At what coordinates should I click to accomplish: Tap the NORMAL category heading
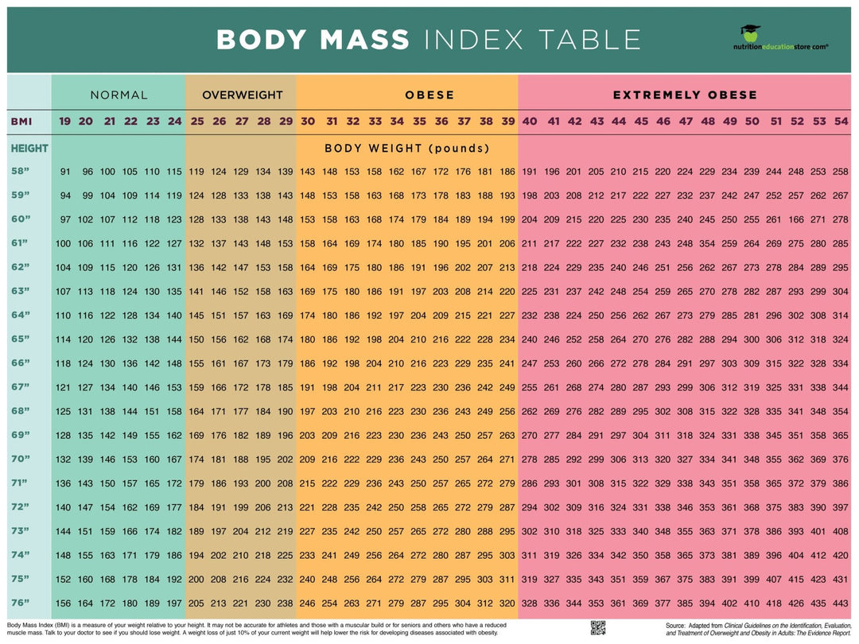point(119,95)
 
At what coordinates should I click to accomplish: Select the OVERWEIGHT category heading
point(242,95)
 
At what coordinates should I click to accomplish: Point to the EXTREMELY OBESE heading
point(685,95)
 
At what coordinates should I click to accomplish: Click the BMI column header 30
point(307,122)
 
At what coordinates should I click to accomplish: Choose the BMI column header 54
point(841,122)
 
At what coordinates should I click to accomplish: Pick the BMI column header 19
point(64,122)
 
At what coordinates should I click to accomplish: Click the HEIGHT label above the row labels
point(29,148)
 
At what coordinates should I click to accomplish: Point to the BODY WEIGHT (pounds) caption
point(406,148)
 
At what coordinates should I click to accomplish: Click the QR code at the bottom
point(599,627)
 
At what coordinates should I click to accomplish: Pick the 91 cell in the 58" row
point(65,172)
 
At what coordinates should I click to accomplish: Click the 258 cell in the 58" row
point(841,172)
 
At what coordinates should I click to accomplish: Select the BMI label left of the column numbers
point(21,122)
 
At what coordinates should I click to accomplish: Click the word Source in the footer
point(676,625)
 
